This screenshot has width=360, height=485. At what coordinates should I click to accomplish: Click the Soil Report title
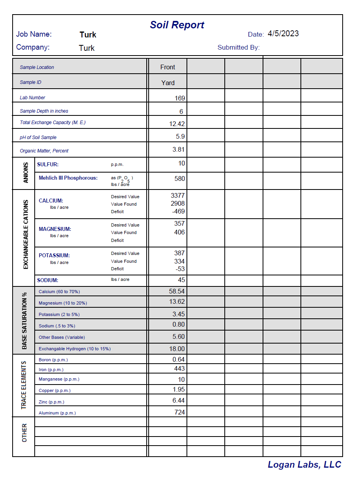177,25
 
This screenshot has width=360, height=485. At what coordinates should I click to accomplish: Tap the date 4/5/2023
283,33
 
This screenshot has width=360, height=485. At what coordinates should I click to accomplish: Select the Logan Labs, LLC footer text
304,465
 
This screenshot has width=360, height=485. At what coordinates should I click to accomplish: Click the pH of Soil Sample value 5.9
180,137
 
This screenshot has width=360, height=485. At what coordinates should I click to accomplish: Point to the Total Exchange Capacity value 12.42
177,124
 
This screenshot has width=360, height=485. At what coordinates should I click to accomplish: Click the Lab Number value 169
180,98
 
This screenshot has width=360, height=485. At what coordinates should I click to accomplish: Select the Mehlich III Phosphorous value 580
179,178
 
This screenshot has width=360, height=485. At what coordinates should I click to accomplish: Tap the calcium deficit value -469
178,211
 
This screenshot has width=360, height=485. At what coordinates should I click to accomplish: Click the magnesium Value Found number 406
179,232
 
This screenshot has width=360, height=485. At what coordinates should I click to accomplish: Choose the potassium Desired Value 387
179,253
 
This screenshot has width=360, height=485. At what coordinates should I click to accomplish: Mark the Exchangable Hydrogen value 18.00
177,349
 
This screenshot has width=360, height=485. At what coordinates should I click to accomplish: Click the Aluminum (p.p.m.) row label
57,413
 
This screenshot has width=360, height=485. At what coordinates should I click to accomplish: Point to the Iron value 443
179,368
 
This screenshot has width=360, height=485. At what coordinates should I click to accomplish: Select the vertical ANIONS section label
26,173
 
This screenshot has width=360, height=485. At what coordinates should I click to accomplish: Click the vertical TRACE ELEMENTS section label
24,385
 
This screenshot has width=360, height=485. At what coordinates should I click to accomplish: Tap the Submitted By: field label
239,47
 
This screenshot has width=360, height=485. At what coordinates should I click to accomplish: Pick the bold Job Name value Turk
88,35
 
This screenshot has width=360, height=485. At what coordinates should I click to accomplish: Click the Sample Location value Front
168,67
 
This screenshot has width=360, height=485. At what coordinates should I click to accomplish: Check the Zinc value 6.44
178,400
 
